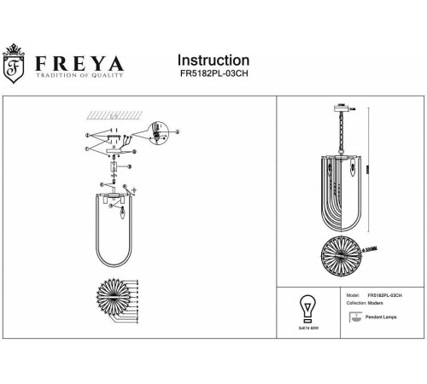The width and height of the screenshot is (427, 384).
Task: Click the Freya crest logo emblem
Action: point(15,67)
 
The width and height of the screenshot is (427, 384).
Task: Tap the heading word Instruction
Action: point(213,61)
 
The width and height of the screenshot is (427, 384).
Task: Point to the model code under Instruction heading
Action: point(213,74)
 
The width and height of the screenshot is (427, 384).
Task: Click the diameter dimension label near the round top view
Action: point(374,248)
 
